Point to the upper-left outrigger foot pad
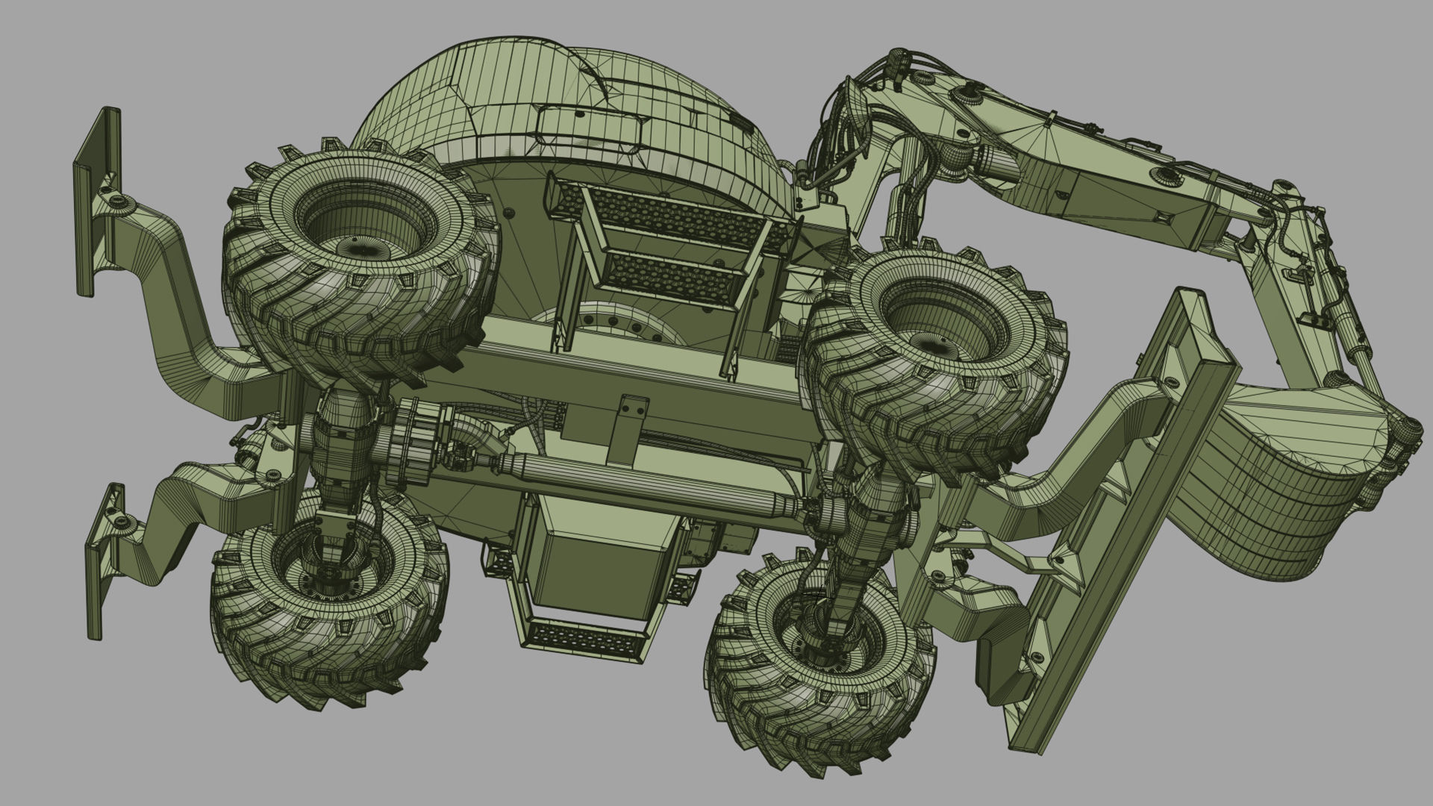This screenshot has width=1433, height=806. click(96, 201)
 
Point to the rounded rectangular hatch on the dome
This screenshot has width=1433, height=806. click(590, 128)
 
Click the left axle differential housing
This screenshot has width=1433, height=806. click(343, 448)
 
